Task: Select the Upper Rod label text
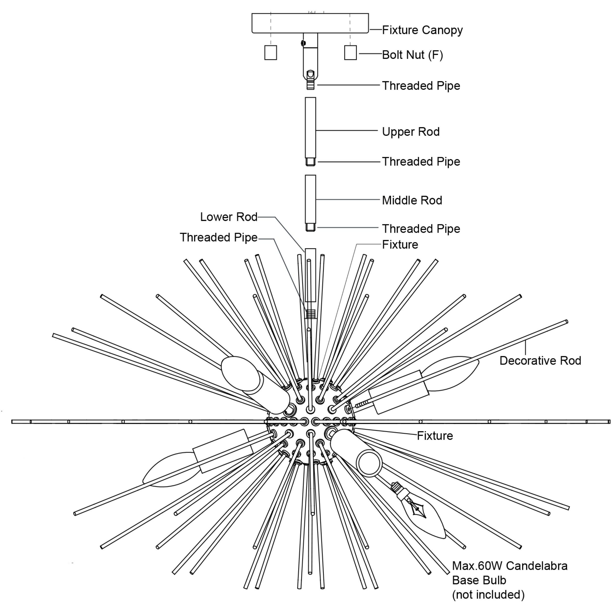tap(411, 132)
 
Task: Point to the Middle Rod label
tap(412, 200)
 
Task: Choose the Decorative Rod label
tap(540, 360)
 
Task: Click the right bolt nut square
tap(350, 53)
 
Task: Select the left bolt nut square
tap(271, 53)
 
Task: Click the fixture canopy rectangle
tap(310, 23)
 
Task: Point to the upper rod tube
tap(310, 127)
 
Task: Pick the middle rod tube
tap(310, 199)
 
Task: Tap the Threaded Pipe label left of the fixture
tap(219, 237)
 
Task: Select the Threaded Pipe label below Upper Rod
tap(421, 162)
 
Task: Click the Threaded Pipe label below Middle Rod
tap(421, 229)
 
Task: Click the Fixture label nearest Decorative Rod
tap(435, 436)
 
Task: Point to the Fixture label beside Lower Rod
tap(400, 245)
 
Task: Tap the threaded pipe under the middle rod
tap(310, 228)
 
